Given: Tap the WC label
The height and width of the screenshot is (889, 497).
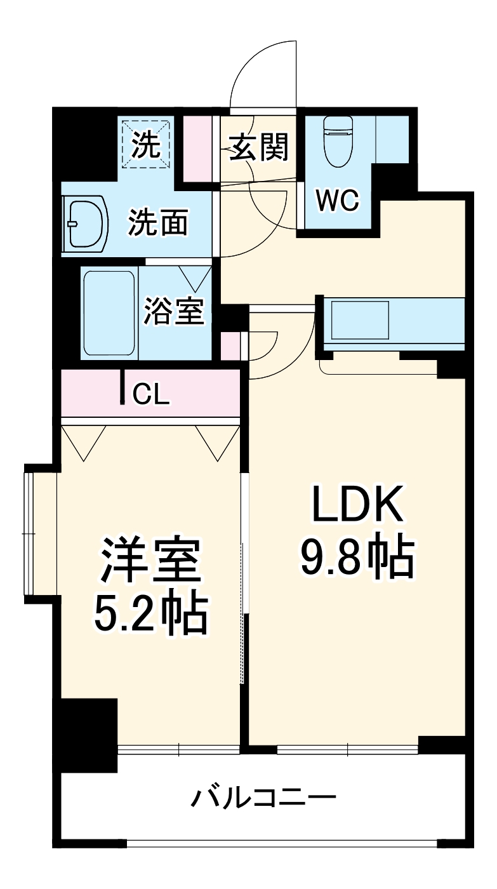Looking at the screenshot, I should click(x=338, y=201).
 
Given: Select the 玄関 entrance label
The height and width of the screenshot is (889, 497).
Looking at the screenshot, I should click(x=259, y=147).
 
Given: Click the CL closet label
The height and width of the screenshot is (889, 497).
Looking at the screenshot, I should click(x=151, y=394).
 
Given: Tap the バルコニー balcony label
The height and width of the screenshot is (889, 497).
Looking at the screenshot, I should click(x=263, y=796).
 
